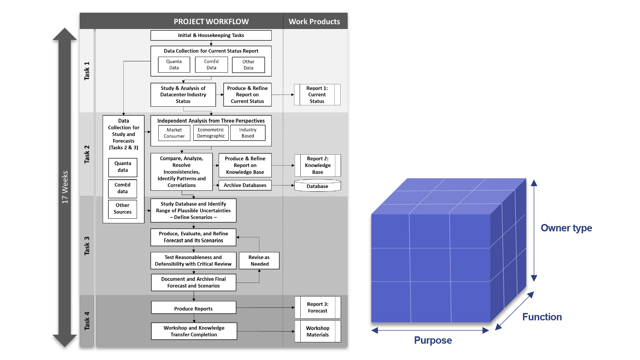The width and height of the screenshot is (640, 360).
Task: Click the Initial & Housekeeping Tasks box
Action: coord(211,35)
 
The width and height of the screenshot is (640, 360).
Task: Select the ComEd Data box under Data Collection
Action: coord(211,65)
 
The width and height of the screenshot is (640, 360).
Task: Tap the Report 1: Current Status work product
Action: coord(317,95)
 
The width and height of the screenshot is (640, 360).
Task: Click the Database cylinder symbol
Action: coord(317,186)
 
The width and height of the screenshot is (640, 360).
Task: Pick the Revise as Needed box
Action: coord(259,261)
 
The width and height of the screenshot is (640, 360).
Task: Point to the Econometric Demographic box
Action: coord(211,133)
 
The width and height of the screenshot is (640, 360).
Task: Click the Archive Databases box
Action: coord(245,185)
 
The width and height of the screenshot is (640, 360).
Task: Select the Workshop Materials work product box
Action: coord(318,331)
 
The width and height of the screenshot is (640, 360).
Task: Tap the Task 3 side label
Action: coord(87,246)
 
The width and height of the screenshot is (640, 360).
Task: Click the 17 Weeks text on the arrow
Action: coord(65,187)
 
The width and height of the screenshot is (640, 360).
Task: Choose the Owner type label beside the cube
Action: coord(566,228)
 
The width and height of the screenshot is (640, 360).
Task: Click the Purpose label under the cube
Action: coord(433,340)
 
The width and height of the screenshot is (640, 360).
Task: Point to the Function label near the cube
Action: coord(542,317)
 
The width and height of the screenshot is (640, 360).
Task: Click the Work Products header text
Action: coord(314,22)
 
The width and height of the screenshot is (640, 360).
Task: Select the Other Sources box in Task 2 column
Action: coord(123,209)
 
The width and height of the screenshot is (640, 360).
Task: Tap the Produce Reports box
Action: coord(193,309)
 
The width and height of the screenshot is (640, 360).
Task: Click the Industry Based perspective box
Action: coord(248,133)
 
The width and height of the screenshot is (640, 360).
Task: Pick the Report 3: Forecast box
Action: coord(318,307)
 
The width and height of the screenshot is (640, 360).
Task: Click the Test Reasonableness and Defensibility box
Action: coord(193,261)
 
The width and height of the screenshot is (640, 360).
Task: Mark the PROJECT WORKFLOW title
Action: coord(211,22)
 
